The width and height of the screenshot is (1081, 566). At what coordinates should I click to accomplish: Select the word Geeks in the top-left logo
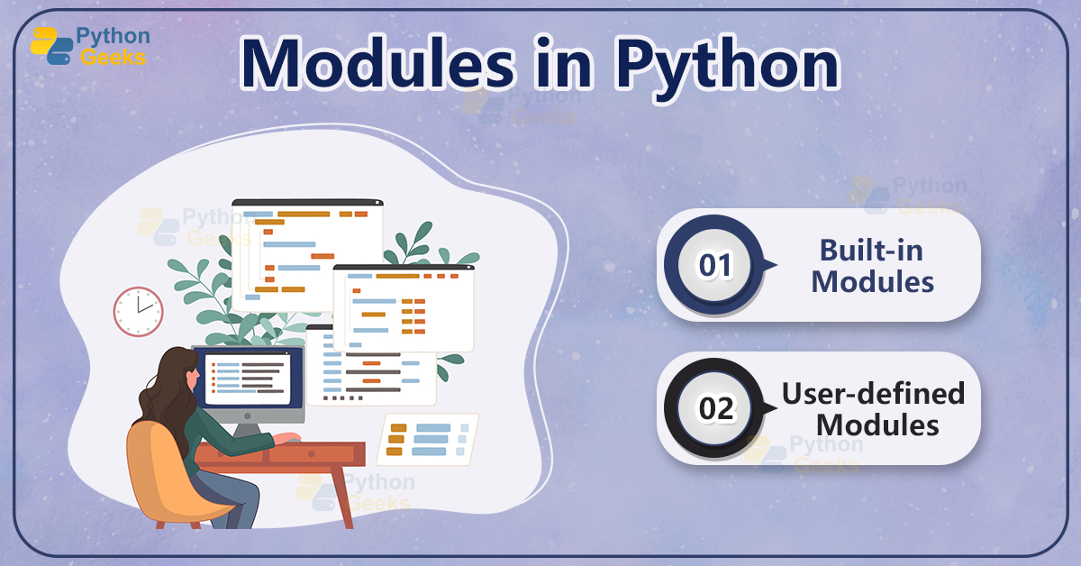coord(113,58)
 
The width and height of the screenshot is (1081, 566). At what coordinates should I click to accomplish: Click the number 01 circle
coord(716,266)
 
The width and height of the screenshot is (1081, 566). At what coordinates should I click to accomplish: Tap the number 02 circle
coord(716,408)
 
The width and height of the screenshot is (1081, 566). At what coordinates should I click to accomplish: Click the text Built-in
coord(871,250)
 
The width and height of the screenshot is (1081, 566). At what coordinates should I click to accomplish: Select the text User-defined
coord(872,393)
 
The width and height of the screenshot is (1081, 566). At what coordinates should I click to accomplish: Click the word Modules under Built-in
coord(872,281)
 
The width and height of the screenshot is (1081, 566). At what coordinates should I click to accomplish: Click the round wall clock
coord(138,312)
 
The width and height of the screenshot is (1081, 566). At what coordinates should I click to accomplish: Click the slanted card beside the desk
coord(427,438)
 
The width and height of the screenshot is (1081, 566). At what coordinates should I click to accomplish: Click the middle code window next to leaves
coord(404,306)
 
